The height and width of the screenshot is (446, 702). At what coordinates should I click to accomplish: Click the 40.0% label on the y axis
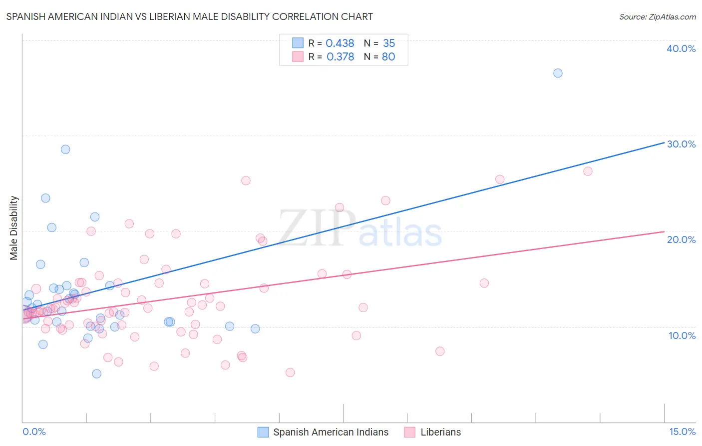point(681,48)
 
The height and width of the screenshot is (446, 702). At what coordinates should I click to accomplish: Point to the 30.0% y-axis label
point(681,144)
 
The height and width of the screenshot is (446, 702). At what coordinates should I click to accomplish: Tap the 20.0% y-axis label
point(681,239)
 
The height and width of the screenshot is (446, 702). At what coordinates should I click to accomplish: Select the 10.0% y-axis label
point(682,335)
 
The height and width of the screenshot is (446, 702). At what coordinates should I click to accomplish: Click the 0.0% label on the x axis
point(34,431)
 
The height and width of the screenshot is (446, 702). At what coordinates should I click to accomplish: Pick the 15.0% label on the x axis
point(682,431)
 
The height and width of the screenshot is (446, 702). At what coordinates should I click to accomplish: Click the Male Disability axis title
point(14,227)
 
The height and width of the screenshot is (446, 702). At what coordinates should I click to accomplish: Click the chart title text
point(189,16)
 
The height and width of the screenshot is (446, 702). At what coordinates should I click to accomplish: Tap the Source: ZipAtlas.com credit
point(657,16)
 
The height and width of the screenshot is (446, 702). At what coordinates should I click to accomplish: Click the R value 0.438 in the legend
point(340,43)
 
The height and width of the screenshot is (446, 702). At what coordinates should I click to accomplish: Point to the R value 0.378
point(340,57)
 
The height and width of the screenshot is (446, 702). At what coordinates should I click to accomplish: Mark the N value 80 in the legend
point(388,57)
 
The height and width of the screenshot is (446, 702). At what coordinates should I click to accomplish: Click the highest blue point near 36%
point(558,73)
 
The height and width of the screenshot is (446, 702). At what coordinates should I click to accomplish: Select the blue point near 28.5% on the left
point(65,149)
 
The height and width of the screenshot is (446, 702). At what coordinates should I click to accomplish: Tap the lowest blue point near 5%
point(97,373)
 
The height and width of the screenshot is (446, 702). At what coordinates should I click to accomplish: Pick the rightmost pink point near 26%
point(588,171)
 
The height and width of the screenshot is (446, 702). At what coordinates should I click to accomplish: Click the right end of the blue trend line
point(664,142)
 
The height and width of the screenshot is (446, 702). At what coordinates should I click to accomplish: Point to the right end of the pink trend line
point(664,231)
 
